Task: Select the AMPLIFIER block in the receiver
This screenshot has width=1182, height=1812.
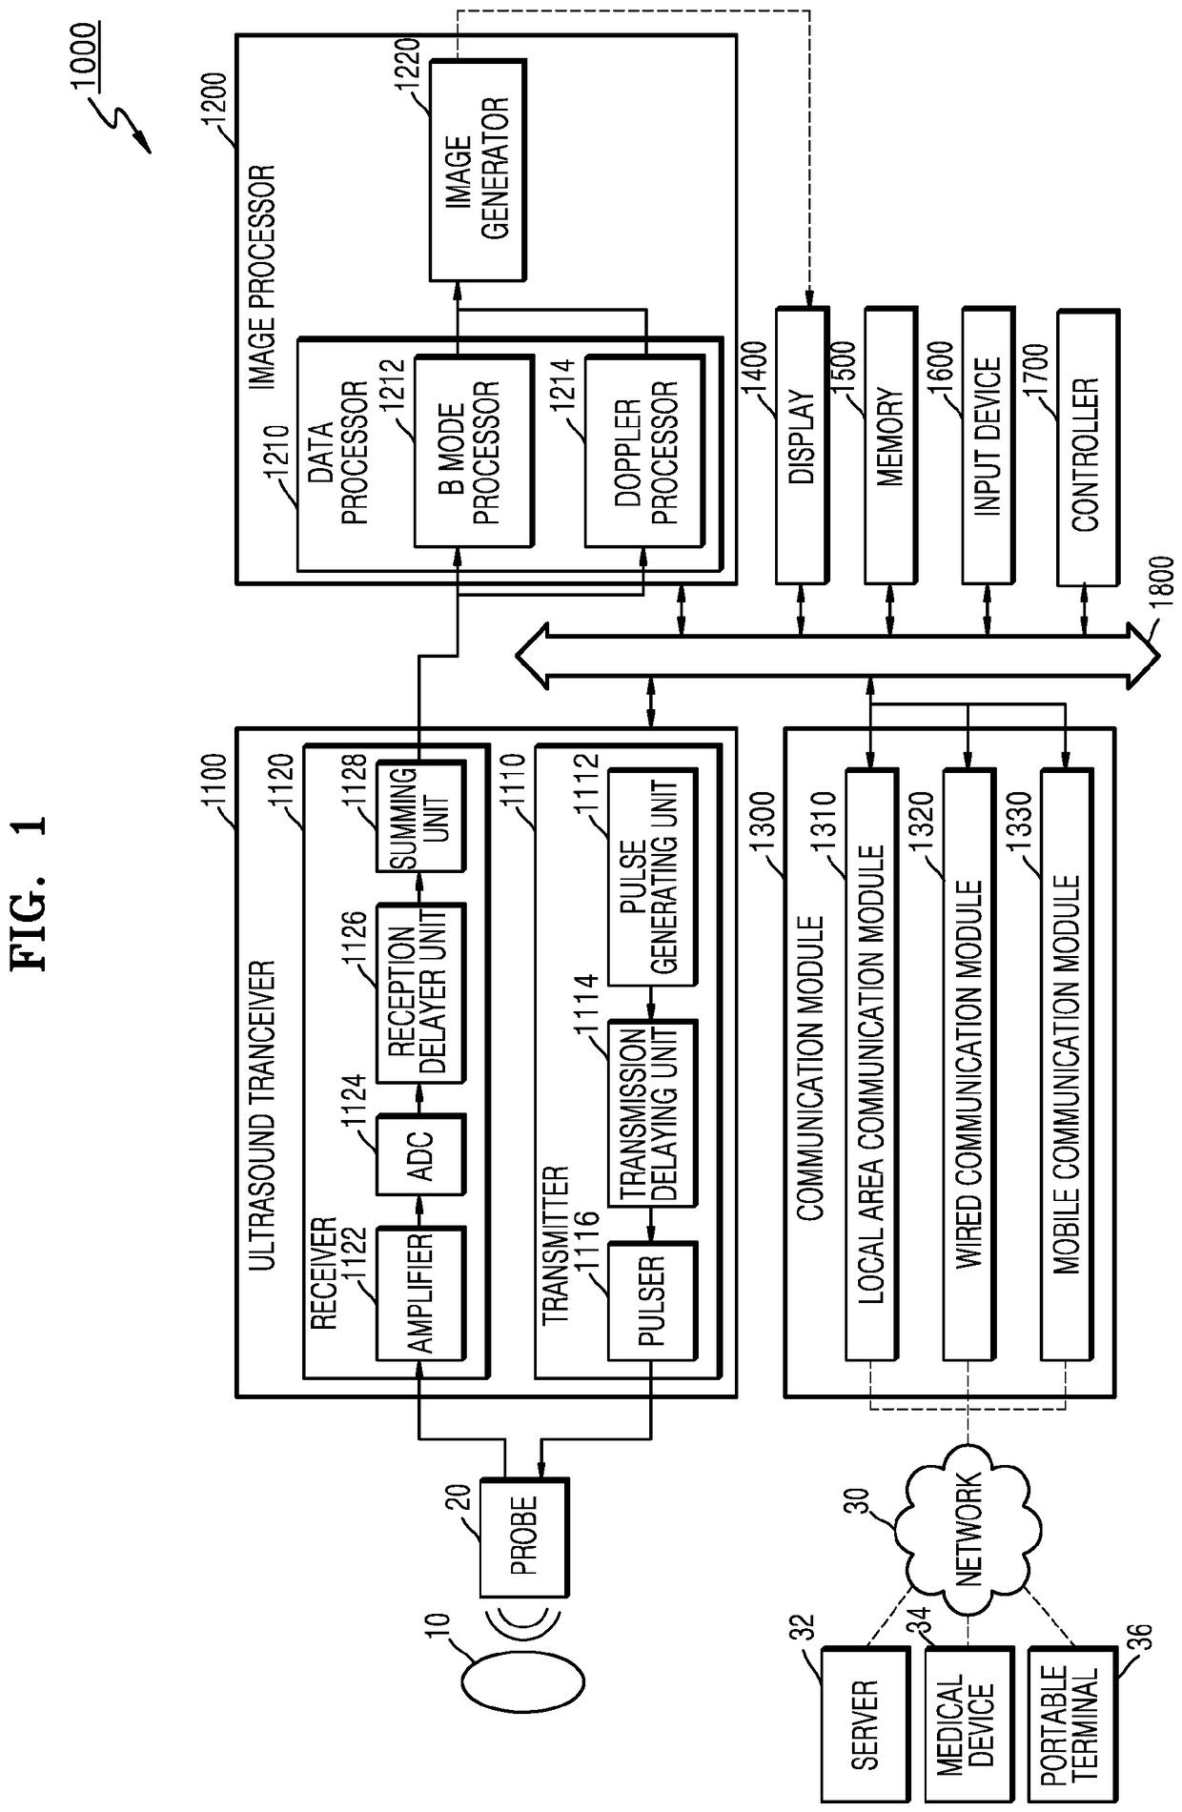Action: point(421,1293)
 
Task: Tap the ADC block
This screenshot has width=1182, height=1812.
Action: point(421,1154)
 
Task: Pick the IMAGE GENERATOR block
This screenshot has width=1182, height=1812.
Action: point(478,171)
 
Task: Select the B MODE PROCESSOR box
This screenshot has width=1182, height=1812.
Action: point(473,452)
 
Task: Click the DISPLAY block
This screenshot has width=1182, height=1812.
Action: point(803,445)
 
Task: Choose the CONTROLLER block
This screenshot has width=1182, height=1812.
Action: point(1087,445)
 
